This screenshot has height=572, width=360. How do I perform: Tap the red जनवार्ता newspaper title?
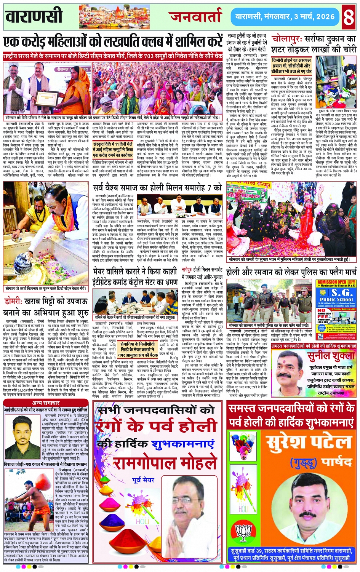(x=195, y=16)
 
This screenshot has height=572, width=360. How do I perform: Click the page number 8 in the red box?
(x=348, y=17)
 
